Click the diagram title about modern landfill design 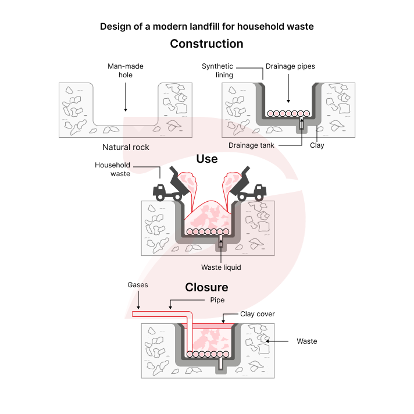tap(206, 27)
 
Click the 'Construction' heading tap(206, 44)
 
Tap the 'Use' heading tap(207, 159)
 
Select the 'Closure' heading tap(206, 287)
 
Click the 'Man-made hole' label tap(126, 70)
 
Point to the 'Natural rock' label tap(126, 147)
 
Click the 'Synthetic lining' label tap(217, 70)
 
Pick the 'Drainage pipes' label tap(290, 66)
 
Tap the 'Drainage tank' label tap(251, 145)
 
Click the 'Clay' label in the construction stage tap(317, 145)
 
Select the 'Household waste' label tap(112, 169)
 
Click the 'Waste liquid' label tap(221, 267)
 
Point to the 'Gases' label tap(138, 285)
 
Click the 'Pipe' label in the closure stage tap(217, 300)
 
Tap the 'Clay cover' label tap(258, 314)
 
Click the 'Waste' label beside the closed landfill tap(306, 341)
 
